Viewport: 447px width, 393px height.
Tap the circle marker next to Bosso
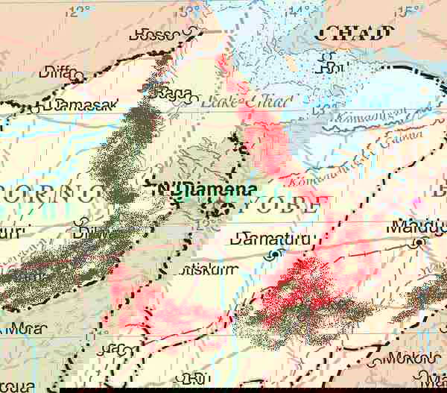(194, 32)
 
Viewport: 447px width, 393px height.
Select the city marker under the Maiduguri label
(422, 242)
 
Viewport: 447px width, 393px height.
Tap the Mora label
(24, 327)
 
